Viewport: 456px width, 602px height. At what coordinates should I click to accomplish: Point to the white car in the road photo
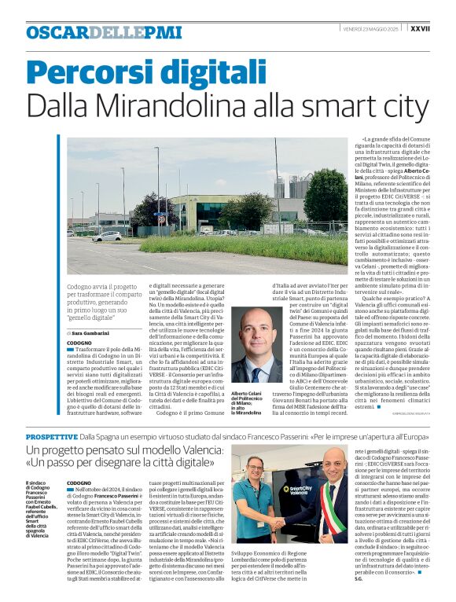click(108, 236)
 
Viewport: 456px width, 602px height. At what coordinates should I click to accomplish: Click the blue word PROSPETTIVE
click(51, 435)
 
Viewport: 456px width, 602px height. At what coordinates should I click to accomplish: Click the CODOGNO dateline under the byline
click(79, 343)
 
